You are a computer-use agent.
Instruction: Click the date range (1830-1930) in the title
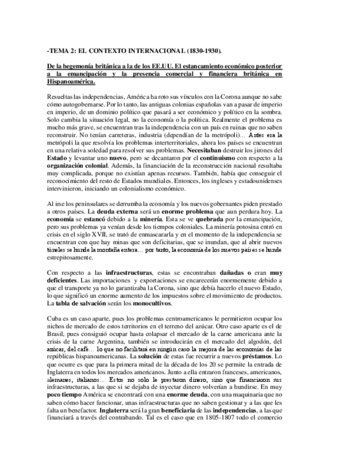point(202,52)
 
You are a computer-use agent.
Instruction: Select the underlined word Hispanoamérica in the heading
point(71,82)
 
